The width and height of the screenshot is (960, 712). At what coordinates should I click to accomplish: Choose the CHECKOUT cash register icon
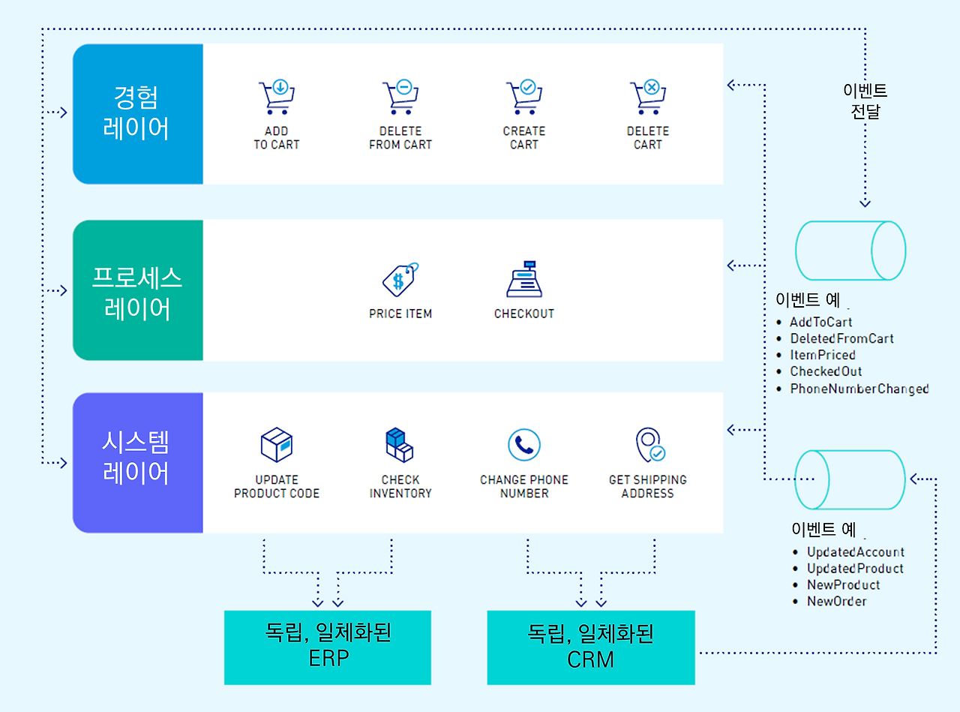point(523,280)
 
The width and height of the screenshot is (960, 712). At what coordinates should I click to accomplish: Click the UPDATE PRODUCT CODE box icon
point(276,445)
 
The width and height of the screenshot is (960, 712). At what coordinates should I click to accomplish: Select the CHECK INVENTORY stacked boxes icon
point(399,445)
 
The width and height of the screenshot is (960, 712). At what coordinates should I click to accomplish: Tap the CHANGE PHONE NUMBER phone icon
point(523,445)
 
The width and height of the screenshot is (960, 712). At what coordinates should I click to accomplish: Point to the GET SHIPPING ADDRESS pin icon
point(649,445)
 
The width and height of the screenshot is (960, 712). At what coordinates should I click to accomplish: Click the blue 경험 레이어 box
point(138,113)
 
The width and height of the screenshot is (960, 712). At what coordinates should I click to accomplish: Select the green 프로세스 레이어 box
point(138,290)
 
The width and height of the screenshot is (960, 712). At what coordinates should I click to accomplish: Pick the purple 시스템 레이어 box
point(138,462)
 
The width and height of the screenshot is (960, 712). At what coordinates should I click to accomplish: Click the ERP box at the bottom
point(328,647)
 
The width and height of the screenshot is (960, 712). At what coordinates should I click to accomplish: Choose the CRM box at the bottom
point(591,647)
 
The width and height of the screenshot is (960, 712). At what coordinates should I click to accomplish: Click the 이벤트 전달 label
point(865,101)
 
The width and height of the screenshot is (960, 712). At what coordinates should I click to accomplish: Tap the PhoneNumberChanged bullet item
point(859,389)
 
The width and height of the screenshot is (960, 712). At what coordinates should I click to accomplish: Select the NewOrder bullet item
point(836,601)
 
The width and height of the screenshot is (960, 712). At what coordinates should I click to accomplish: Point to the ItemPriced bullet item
point(822,355)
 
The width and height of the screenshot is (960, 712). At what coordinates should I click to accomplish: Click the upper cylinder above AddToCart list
point(850,251)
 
